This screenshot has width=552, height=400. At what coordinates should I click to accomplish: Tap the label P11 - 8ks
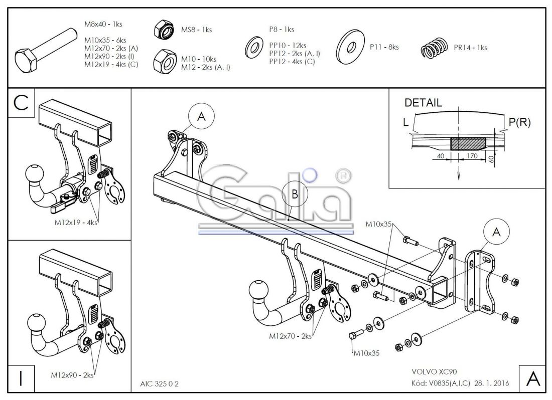click(x=384, y=47)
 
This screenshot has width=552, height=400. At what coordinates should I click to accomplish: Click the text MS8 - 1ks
click(x=196, y=30)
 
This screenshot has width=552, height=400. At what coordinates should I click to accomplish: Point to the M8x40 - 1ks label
click(x=103, y=24)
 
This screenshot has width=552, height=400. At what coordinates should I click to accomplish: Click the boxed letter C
click(x=22, y=102)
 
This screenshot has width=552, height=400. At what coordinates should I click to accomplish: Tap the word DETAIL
click(x=423, y=103)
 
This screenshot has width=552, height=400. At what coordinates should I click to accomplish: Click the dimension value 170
click(x=472, y=156)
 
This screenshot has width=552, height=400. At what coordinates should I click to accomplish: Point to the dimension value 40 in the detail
click(x=441, y=156)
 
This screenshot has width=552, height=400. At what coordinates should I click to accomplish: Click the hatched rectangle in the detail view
click(x=468, y=143)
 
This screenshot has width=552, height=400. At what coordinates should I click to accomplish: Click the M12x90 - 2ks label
click(x=73, y=374)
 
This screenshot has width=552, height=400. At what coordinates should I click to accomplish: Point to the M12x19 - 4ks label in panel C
click(x=75, y=223)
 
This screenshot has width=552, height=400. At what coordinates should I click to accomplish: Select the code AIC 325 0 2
click(x=159, y=384)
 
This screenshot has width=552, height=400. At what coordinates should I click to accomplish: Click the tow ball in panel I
click(x=39, y=322)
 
